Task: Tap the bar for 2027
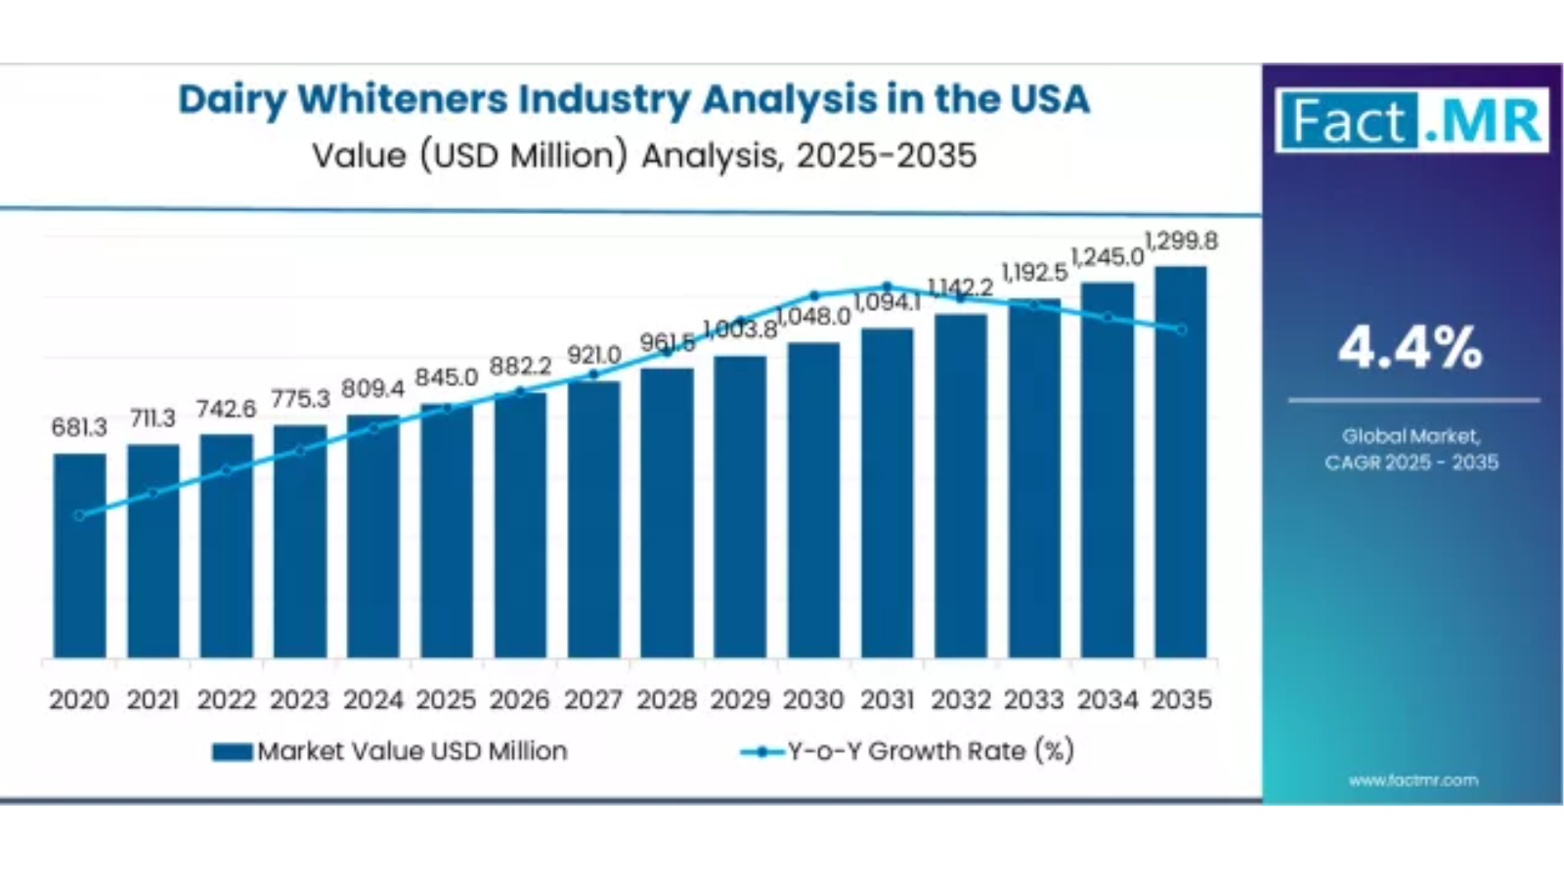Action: click(x=593, y=518)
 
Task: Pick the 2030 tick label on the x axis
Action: click(x=813, y=700)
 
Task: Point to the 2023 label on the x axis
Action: click(x=299, y=700)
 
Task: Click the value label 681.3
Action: click(x=79, y=427)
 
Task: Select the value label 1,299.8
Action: click(x=1181, y=241)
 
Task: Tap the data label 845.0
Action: click(x=446, y=377)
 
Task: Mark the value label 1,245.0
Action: click(x=1108, y=257)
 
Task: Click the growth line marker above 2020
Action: click(x=79, y=515)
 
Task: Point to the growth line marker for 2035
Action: click(x=1181, y=329)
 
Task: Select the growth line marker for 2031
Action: click(x=887, y=286)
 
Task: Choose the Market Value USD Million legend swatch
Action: click(x=233, y=752)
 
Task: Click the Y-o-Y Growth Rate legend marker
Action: click(x=762, y=752)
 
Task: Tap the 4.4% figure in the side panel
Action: click(x=1411, y=347)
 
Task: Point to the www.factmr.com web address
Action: click(x=1412, y=780)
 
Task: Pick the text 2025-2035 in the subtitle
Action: click(x=886, y=155)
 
